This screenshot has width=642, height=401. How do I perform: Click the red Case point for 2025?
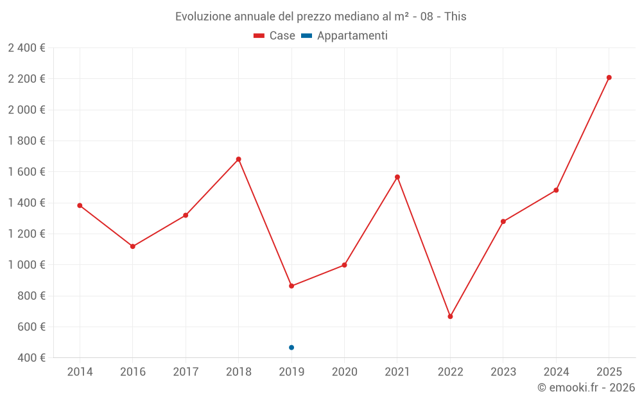click(609, 78)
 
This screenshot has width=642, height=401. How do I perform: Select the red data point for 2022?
click(450, 316)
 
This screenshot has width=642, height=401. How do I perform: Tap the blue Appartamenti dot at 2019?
click(291, 348)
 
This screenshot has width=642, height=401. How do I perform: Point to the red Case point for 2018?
click(239, 159)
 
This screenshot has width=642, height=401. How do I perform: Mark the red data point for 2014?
click(80, 205)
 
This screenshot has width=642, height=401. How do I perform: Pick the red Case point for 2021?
click(397, 177)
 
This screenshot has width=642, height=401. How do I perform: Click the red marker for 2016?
click(133, 246)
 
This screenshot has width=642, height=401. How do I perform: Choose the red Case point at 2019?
click(291, 286)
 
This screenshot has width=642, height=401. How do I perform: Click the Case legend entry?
click(274, 36)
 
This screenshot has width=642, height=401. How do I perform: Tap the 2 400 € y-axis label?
click(26, 47)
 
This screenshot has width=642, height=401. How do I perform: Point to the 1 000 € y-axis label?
click(26, 265)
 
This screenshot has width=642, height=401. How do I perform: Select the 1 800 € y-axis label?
click(26, 141)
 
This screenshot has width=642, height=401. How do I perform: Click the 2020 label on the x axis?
click(344, 372)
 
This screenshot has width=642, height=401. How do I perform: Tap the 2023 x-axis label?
click(503, 372)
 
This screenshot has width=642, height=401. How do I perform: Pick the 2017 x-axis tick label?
click(186, 372)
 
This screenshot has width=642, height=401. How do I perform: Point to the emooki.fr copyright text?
click(586, 388)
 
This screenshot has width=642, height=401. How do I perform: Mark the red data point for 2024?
click(556, 190)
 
